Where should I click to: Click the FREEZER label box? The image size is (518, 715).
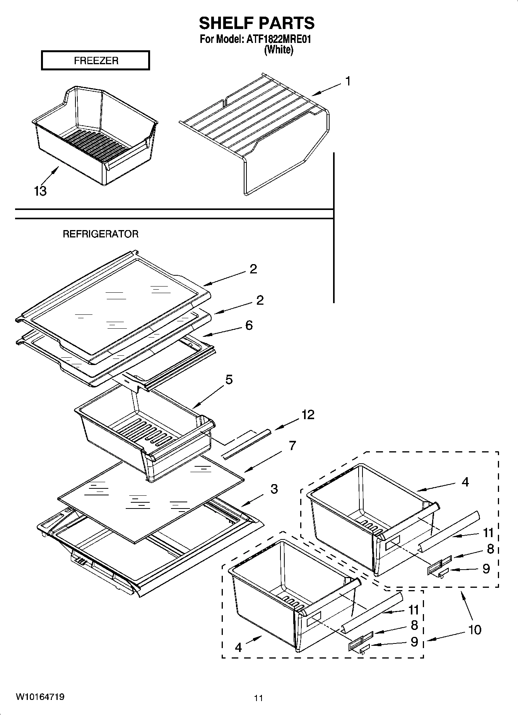click(95, 61)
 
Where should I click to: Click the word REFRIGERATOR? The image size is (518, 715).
click(101, 234)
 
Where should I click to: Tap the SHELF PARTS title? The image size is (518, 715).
click(256, 23)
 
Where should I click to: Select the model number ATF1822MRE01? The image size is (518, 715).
click(279, 39)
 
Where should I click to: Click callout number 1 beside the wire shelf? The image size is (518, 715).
click(348, 82)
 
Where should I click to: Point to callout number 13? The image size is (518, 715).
click(40, 191)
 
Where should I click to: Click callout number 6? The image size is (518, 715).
click(249, 325)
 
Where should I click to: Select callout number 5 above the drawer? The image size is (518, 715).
click(229, 380)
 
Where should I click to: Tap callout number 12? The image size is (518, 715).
click(308, 415)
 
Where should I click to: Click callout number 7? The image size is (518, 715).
click(292, 445)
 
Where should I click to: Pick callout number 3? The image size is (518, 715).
click(274, 489)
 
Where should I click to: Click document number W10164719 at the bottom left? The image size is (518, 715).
click(40, 696)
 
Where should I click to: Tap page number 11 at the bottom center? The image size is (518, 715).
click(258, 698)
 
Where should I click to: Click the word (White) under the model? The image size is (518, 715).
click(279, 50)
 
